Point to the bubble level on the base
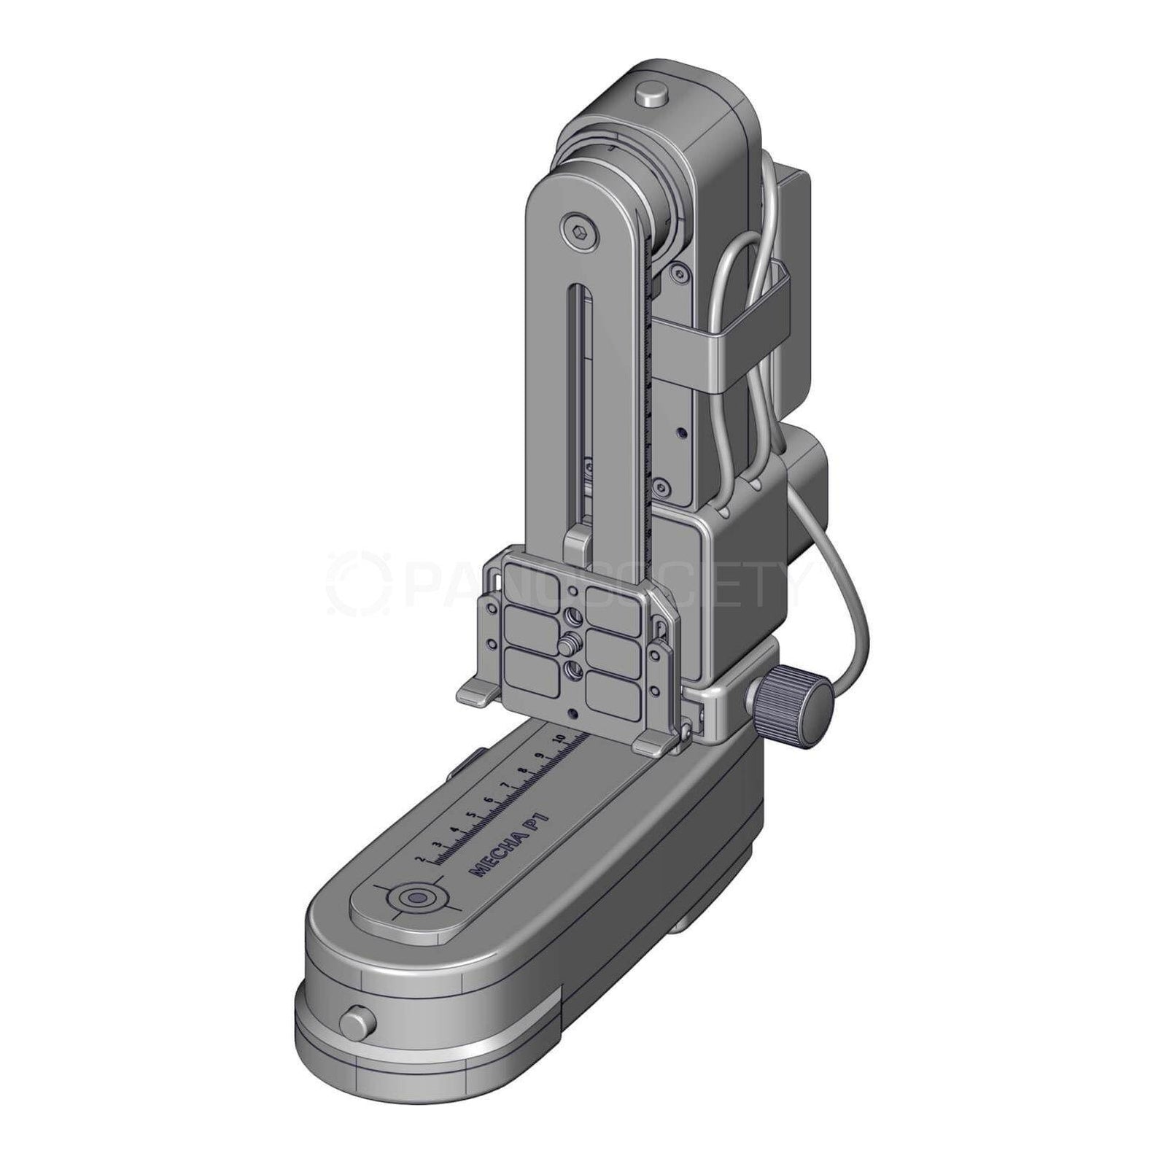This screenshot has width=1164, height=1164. click(417, 898)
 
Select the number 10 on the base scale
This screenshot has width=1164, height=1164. click(560, 740)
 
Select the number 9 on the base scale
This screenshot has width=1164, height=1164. click(540, 756)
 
